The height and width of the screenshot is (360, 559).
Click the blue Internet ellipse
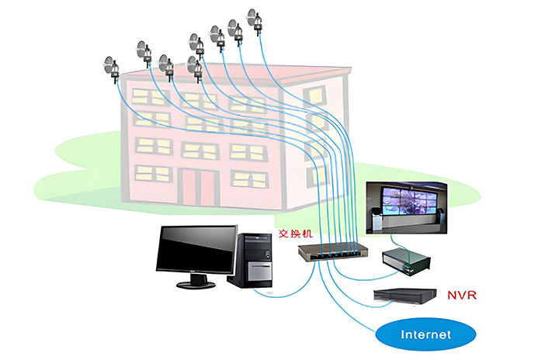[x=425, y=335]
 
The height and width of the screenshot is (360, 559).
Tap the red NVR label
[x=461, y=295]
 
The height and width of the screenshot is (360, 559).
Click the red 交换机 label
[x=294, y=234]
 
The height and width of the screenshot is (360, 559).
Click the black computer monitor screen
[x=196, y=249]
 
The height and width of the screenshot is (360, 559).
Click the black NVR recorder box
[x=405, y=296]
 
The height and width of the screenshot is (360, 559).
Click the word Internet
[x=425, y=335]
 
